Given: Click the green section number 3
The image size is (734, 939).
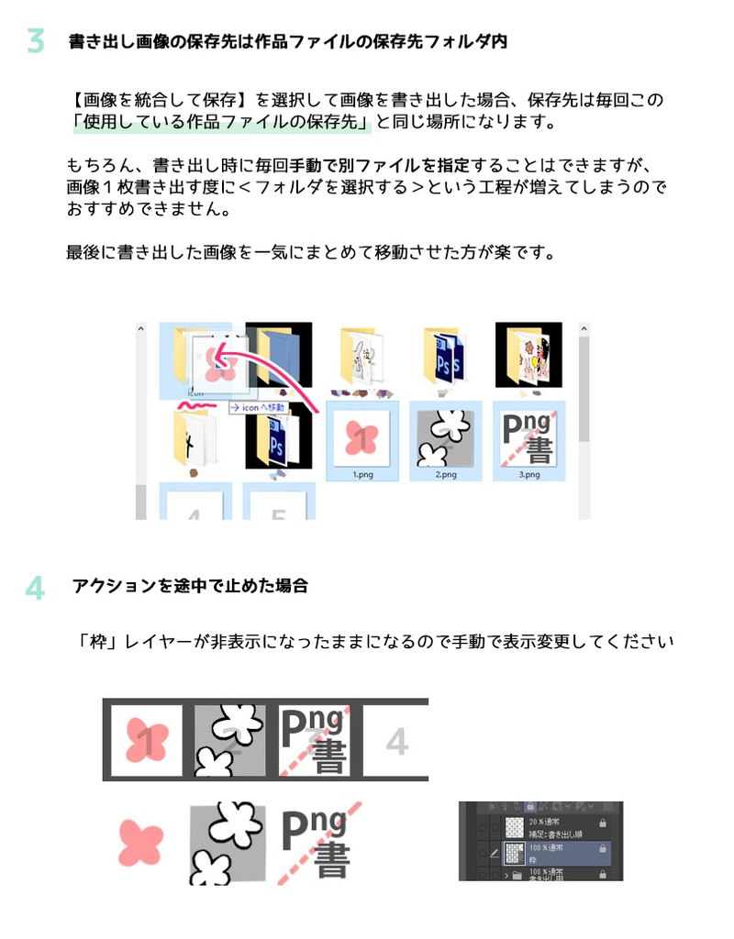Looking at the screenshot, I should click(35, 41).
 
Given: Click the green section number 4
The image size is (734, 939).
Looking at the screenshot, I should click(35, 588).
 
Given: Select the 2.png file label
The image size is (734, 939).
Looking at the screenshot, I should click(446, 475).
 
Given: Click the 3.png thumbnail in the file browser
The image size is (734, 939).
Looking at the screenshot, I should click(529, 439).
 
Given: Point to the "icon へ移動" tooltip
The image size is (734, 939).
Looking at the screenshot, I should click(258, 406).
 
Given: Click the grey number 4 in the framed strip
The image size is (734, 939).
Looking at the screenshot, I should click(396, 740).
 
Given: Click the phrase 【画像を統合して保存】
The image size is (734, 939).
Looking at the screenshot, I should click(161, 100).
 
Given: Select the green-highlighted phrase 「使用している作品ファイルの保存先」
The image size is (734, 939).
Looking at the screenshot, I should click(220, 122).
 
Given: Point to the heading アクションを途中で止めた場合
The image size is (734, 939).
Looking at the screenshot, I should click(189, 587).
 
